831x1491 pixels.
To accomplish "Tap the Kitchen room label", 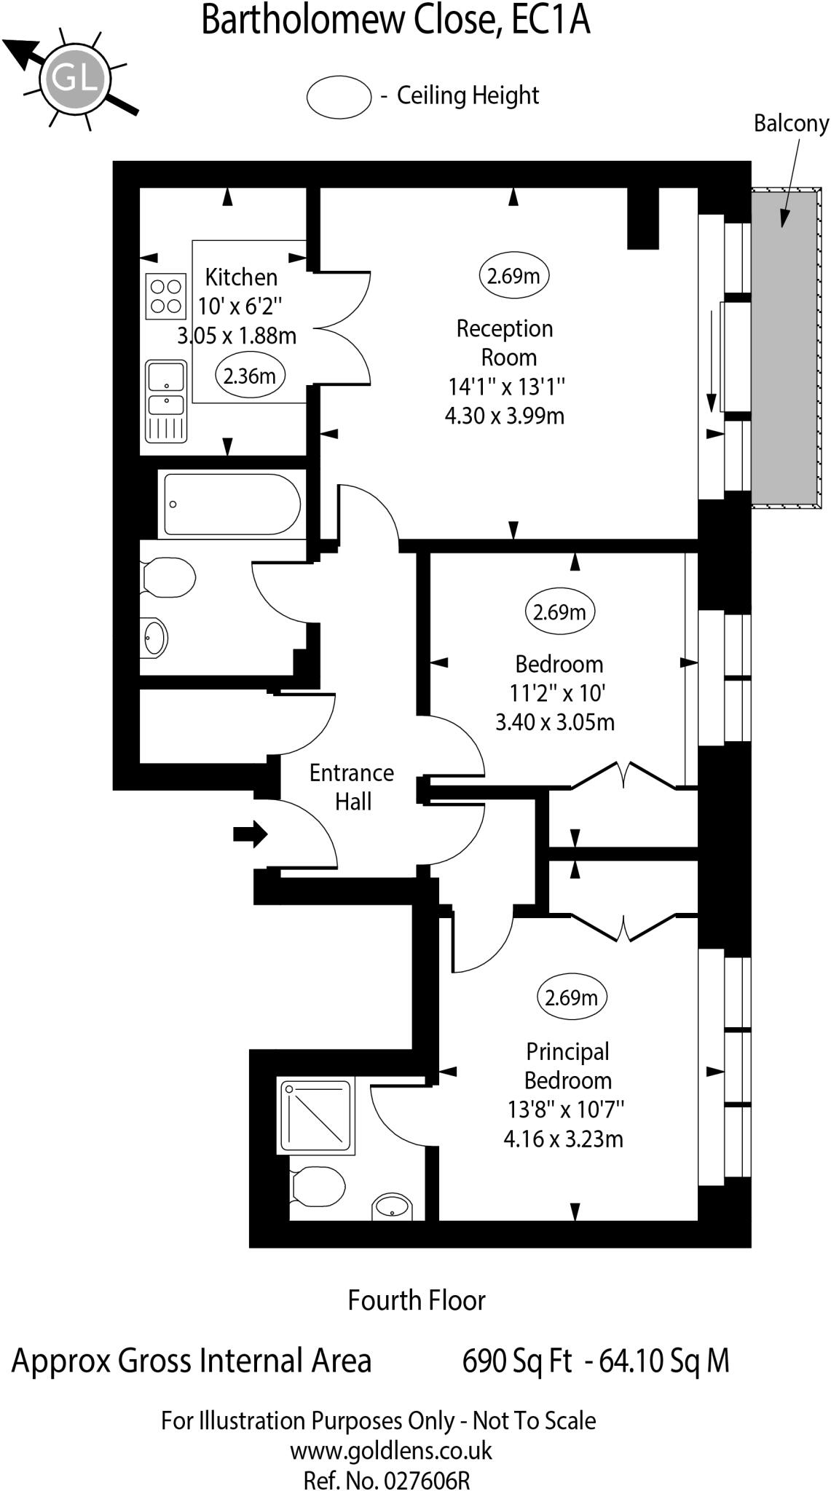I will click(x=241, y=277).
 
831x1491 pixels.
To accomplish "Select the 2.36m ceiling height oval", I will click(x=250, y=376).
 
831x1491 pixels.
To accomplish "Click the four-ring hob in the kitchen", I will click(x=165, y=296).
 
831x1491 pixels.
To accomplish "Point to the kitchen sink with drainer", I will click(x=166, y=401).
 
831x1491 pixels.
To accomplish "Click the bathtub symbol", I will click(x=231, y=504).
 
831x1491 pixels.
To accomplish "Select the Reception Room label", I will click(x=505, y=343).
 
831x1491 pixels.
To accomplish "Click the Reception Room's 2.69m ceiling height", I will click(x=513, y=276).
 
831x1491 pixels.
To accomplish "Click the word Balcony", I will click(x=791, y=124).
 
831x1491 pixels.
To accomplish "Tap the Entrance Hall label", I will click(x=352, y=787).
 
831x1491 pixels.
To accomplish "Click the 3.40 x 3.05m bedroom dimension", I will click(x=555, y=722).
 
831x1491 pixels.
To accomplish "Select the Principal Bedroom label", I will click(x=567, y=1066).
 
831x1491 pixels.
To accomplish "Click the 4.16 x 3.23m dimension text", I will click(x=563, y=1139).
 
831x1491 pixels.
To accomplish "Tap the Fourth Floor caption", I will click(x=416, y=1300).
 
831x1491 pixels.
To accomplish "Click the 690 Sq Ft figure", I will click(x=517, y=1361).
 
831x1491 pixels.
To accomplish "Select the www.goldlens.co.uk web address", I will click(x=391, y=1451).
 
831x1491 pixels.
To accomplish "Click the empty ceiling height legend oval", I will click(x=339, y=96).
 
